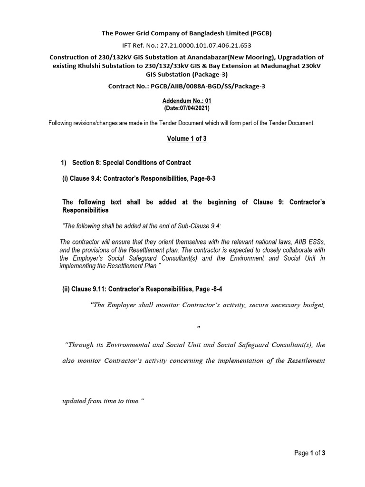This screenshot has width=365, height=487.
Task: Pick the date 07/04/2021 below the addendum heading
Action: (185, 108)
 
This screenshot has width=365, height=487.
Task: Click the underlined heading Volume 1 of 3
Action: (186, 138)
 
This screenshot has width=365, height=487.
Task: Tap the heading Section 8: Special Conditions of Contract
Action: (131, 163)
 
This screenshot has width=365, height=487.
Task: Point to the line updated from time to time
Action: (103, 401)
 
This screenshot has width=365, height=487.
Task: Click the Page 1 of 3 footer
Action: (309, 453)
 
